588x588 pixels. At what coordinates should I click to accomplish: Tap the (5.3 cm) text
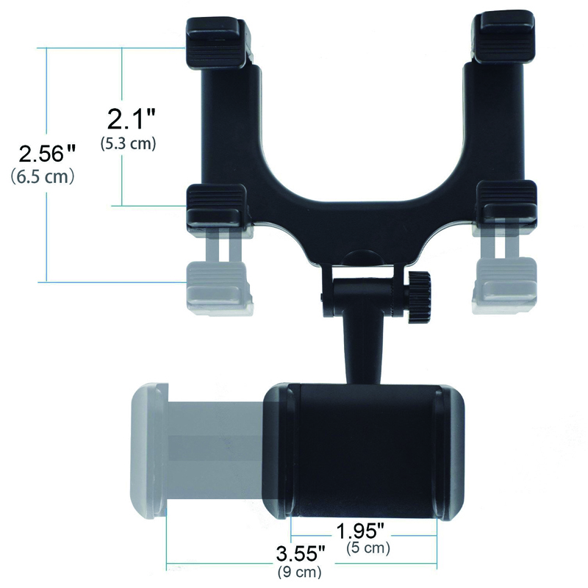click(x=129, y=143)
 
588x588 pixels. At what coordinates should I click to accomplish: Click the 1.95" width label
click(x=361, y=531)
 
